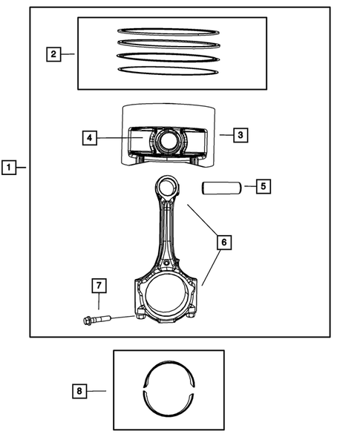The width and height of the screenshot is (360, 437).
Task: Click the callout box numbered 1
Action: (9, 168)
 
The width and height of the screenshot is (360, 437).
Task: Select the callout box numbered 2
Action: (53, 53)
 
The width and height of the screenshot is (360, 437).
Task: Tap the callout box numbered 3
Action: (239, 135)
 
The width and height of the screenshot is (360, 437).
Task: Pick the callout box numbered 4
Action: (89, 138)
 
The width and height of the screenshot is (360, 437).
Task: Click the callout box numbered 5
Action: (264, 186)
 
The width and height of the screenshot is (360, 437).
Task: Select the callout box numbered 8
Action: (81, 390)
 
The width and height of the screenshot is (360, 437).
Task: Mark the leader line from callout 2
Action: (69, 53)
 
